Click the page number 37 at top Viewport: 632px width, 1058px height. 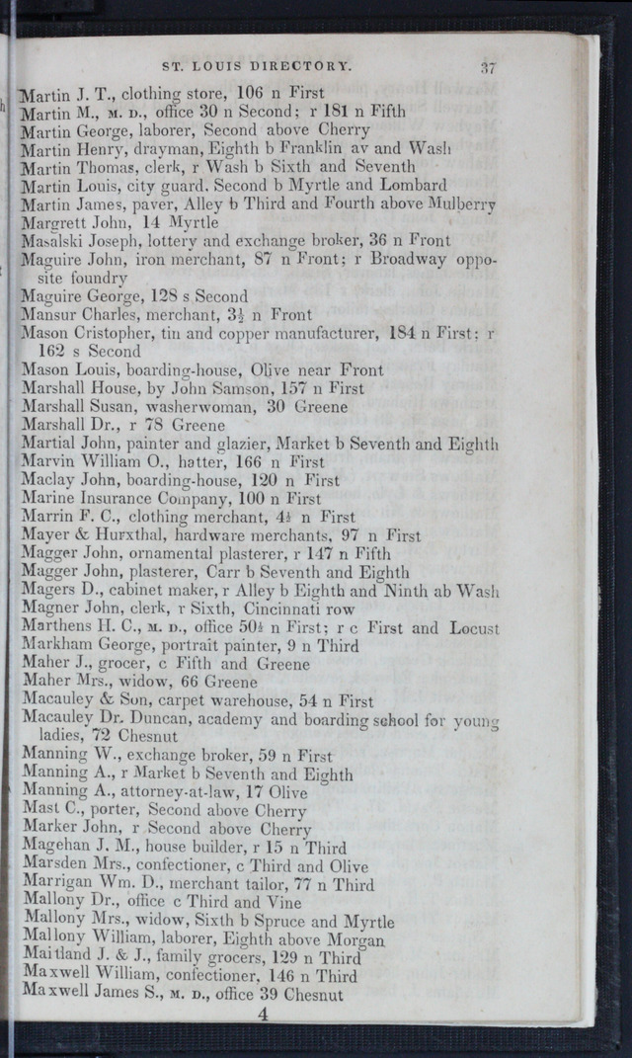487,68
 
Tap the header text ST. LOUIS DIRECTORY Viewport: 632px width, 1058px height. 256,67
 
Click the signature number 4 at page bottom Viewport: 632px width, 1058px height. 263,1014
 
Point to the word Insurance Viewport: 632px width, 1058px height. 118,498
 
